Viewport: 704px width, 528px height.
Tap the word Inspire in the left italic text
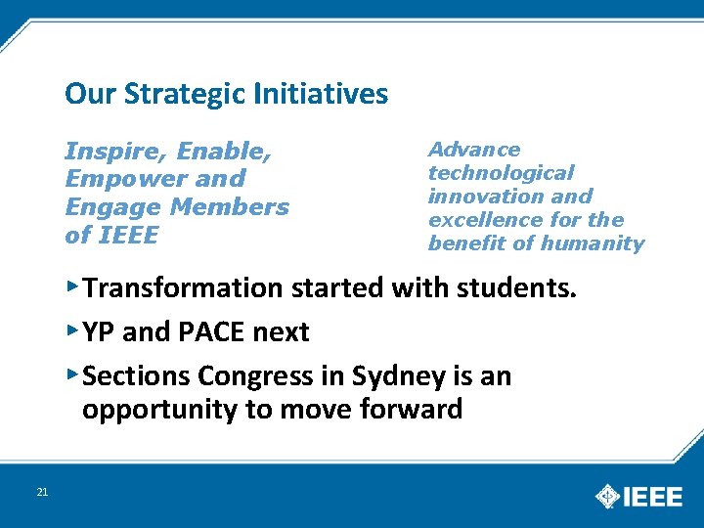(104, 153)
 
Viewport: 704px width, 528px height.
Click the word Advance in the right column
(474, 150)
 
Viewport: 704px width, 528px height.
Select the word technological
(501, 173)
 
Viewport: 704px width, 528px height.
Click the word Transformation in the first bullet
(182, 288)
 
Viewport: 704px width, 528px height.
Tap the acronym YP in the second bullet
(99, 332)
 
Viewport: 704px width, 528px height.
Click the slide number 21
(41, 492)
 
